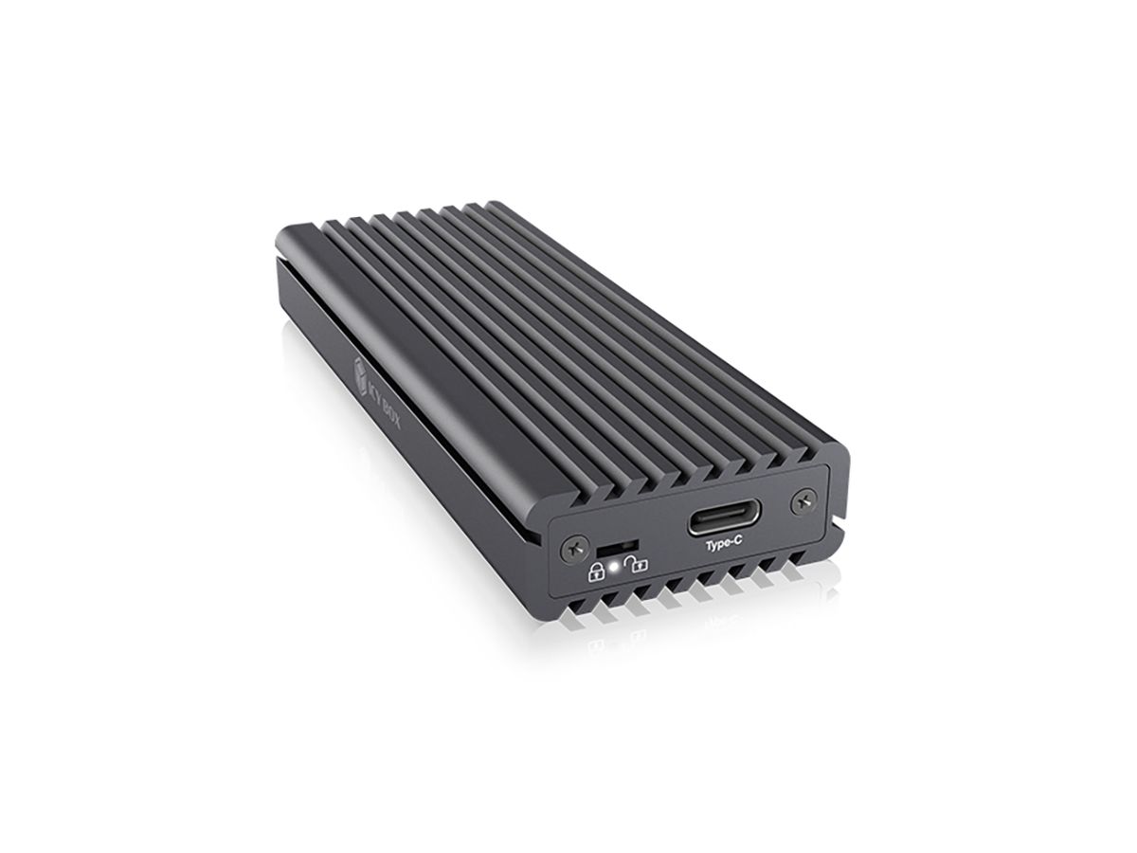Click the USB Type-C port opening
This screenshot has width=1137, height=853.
pos(718,522)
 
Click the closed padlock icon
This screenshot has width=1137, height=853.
pos(596,570)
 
